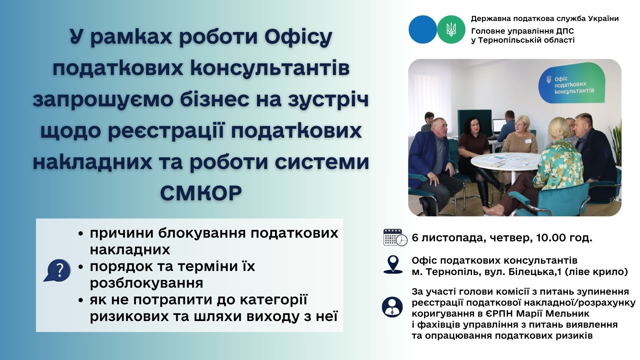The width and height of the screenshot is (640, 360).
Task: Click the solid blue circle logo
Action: [423, 29]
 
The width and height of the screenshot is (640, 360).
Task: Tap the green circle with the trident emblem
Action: [451, 29]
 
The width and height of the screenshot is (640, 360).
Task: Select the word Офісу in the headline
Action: [299, 37]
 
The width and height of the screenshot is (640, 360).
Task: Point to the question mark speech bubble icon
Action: [57, 270]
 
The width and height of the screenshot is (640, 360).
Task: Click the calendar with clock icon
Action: [395, 237]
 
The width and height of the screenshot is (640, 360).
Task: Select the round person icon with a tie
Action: [393, 307]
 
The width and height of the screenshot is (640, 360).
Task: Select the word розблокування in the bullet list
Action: [147, 283]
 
